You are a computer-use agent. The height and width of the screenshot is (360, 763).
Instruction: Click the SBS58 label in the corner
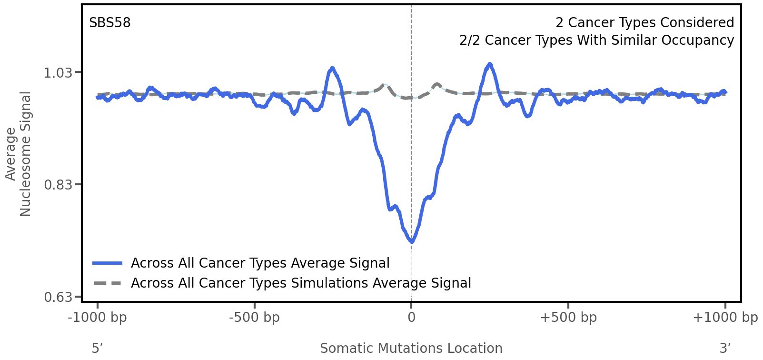coord(109,23)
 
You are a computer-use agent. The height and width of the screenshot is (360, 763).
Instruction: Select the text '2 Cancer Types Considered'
coord(644,23)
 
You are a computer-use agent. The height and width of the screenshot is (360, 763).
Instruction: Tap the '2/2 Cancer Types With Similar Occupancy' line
coord(596,40)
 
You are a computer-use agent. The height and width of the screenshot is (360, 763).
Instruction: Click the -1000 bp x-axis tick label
coord(98,318)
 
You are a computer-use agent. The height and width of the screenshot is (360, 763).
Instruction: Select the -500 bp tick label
coord(254,318)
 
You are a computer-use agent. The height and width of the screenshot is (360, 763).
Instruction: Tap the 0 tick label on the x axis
coord(411,318)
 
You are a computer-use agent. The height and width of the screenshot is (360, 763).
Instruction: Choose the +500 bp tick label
coord(568,318)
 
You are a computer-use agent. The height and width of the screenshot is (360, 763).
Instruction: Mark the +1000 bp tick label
coord(725,318)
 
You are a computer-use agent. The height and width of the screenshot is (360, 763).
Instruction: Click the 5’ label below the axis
coord(97,349)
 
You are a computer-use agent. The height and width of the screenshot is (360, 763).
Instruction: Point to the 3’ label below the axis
coord(725,349)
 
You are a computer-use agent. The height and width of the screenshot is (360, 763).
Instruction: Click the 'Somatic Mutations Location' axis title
coord(411,349)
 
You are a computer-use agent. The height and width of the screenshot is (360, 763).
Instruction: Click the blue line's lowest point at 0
coord(412,242)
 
